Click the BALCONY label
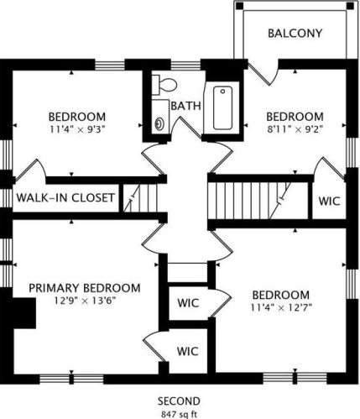295,34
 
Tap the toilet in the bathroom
164,85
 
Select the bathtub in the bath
222,107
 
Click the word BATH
185,106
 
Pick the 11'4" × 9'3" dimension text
77,129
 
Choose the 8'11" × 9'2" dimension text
295,129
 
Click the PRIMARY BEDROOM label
85,288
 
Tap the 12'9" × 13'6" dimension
85,301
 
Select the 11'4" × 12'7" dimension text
281,308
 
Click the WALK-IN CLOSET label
65,197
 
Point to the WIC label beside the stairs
329,201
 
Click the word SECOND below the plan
179,401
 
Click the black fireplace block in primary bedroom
24,313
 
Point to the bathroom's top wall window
185,65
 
